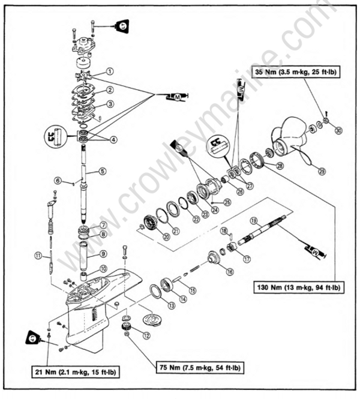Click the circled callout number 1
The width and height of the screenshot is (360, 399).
coord(110,70)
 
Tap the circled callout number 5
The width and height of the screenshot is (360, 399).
coord(103,171)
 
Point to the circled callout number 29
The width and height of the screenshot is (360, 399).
coord(322,172)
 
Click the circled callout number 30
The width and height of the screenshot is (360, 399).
coord(339,130)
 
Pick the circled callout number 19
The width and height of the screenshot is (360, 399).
coord(254,220)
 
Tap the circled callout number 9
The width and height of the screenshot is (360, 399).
coord(103,254)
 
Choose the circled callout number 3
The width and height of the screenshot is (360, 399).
coord(110,104)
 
